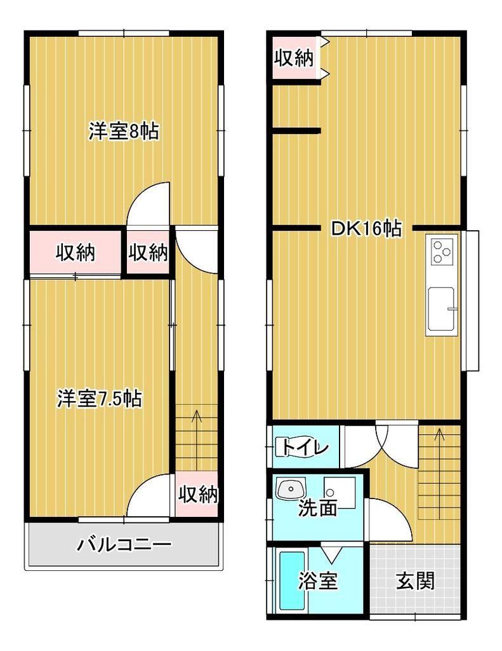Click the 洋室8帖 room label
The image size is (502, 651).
pyautogui.click(x=124, y=132)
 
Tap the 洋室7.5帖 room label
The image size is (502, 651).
pyautogui.click(x=100, y=399)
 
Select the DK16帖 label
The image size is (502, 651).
pyautogui.click(x=366, y=228)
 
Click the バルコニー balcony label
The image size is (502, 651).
pyautogui.click(x=124, y=544)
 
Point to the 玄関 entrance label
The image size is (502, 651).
pyautogui.click(x=415, y=580)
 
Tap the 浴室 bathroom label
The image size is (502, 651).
pyautogui.click(x=318, y=581)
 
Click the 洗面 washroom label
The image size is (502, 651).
pyautogui.click(x=318, y=508)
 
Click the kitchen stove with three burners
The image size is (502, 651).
pyautogui.click(x=442, y=252)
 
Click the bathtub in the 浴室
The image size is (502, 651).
pyautogui.click(x=293, y=580)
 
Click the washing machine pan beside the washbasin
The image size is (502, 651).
pyautogui.click(x=340, y=493)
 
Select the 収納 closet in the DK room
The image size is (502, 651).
pyautogui.click(x=294, y=58)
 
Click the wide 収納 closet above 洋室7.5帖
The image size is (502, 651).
pyautogui.click(x=76, y=252)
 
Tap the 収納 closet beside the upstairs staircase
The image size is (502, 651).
pyautogui.click(x=197, y=494)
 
